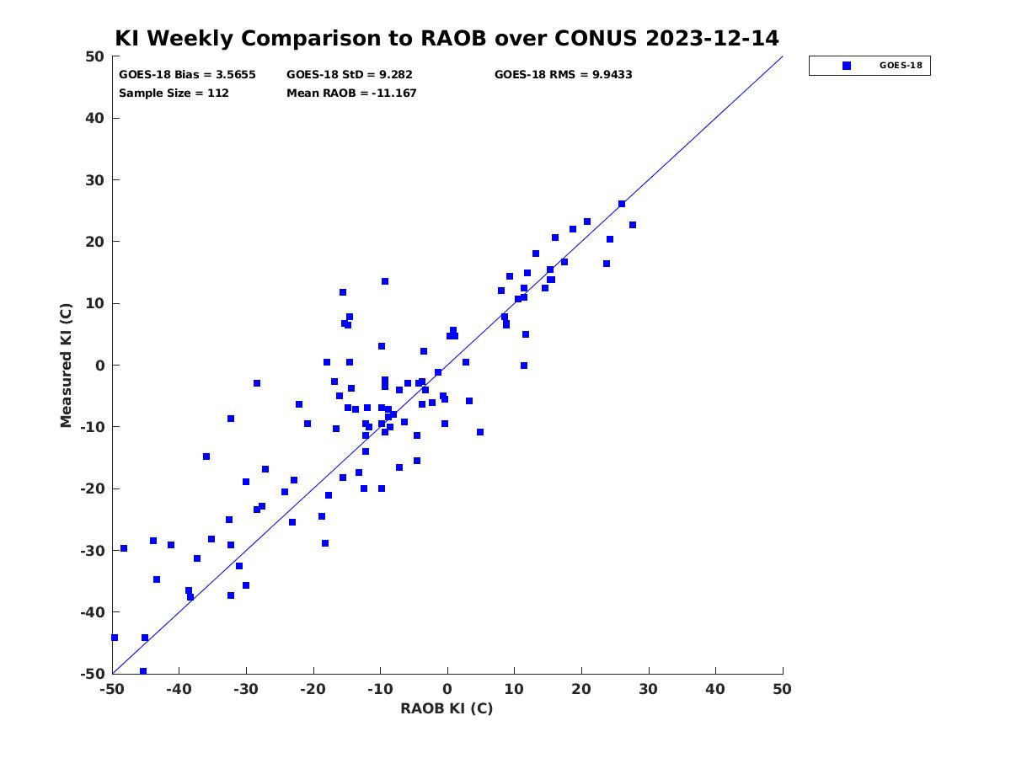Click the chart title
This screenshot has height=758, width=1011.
[446, 38]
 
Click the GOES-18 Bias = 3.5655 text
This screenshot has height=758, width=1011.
[187, 75]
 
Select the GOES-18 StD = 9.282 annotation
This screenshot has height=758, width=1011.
[349, 75]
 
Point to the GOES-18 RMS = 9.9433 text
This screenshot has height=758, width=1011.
[563, 75]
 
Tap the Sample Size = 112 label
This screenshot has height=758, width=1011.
[174, 93]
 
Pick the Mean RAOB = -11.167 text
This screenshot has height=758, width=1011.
[351, 93]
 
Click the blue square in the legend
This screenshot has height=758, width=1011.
[846, 66]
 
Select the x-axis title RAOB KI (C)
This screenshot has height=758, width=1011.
[447, 708]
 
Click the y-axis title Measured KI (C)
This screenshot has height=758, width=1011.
[66, 366]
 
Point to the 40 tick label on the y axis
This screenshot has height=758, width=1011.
[95, 118]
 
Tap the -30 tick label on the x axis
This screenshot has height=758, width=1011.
[246, 689]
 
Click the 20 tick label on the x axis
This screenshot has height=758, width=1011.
[581, 689]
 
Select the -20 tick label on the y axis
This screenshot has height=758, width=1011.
[93, 488]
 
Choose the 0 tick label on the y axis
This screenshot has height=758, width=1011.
[100, 366]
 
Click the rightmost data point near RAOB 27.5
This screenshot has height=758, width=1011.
[633, 225]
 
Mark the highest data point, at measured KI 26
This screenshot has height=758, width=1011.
[621, 204]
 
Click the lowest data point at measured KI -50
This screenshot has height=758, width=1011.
[142, 671]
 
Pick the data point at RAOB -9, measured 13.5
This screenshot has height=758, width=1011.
[384, 281]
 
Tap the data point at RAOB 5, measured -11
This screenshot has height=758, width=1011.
[480, 432]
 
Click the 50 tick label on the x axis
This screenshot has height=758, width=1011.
[782, 689]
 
